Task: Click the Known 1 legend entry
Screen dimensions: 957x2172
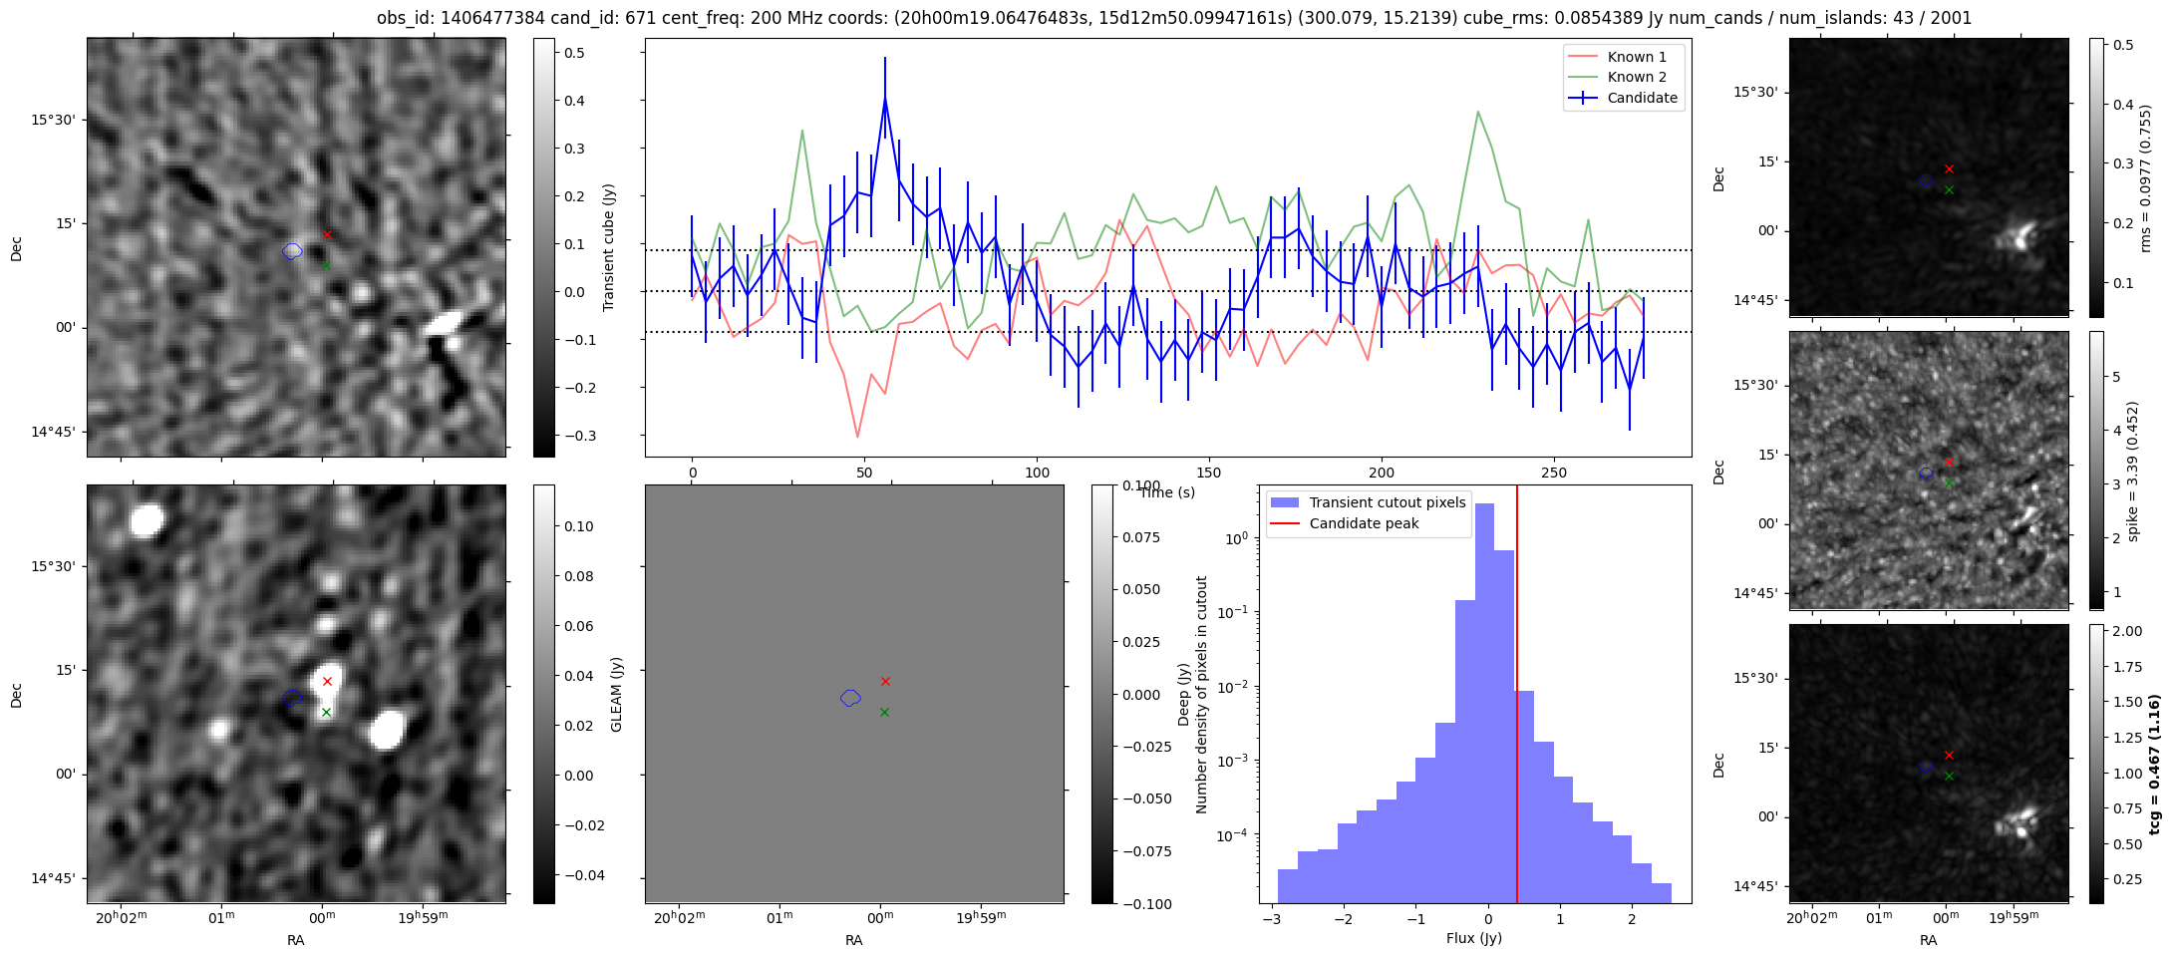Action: [1636, 57]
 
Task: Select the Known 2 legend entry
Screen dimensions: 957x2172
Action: [1636, 77]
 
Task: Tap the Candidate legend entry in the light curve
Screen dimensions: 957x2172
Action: [1642, 98]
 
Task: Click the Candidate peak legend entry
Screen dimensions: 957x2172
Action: [1363, 523]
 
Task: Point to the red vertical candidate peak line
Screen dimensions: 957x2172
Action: [1516, 698]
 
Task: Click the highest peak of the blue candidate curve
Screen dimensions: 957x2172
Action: [884, 98]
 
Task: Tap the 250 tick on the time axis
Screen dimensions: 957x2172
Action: [1554, 473]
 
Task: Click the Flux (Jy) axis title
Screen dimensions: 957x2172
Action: [1473, 938]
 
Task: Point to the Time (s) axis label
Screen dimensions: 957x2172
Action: [1166, 492]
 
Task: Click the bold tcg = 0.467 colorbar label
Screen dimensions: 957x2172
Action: [2154, 765]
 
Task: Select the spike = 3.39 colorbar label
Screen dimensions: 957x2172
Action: [2132, 472]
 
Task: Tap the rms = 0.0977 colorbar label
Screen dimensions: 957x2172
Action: [2145, 177]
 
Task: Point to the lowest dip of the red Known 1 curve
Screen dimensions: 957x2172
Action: [857, 437]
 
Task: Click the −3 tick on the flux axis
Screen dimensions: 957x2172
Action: [1272, 918]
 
